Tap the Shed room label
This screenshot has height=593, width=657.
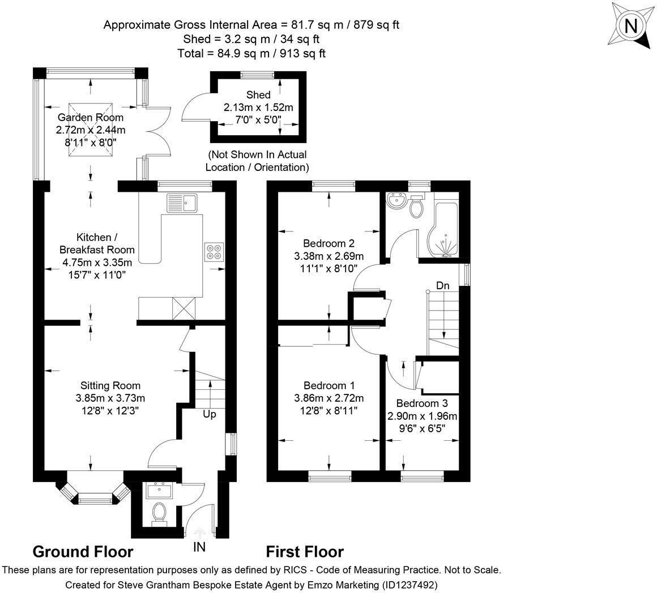coord(258,94)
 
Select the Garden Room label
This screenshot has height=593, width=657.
coord(90,118)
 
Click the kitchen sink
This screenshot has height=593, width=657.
coord(181,202)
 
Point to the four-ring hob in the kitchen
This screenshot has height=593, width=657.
coord(214,251)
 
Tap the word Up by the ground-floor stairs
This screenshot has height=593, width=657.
coord(210,414)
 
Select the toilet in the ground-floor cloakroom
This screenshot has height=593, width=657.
coord(159,514)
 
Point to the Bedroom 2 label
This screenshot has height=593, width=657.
coord(328,243)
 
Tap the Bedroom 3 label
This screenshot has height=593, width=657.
coord(421,403)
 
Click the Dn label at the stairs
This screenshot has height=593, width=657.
coord(442,286)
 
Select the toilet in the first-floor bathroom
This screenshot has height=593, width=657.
coord(417,208)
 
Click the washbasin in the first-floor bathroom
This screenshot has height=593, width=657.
coord(396,200)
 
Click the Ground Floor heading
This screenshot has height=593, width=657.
coord(83,552)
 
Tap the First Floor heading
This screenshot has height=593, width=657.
coord(305,552)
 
